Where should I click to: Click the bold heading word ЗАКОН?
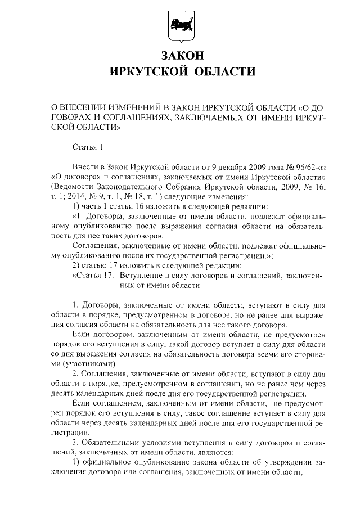[180, 56]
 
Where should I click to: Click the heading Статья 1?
[88, 147]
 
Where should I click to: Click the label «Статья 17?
[94, 276]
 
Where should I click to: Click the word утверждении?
[289, 462]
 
